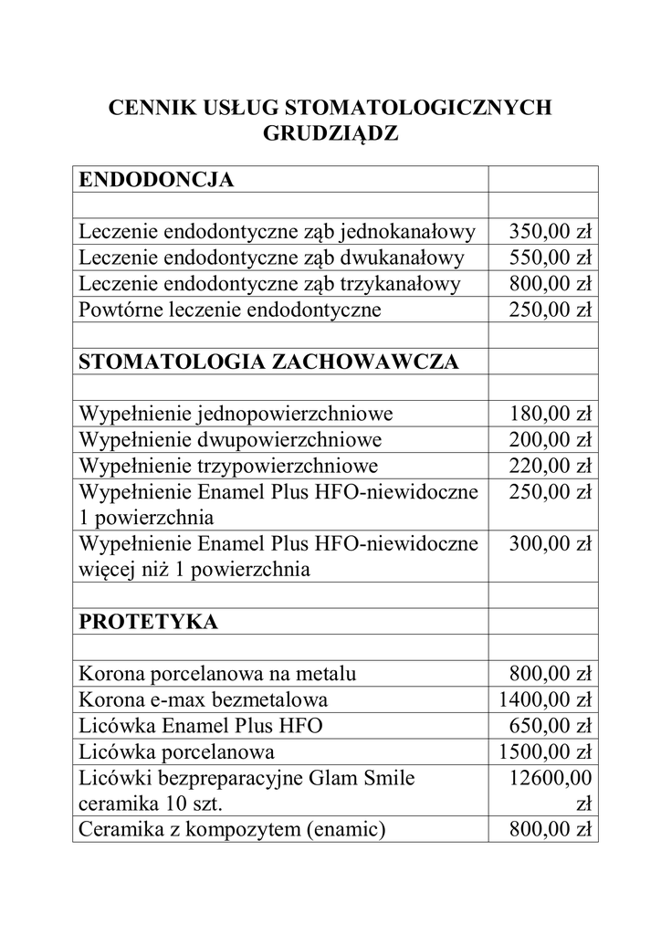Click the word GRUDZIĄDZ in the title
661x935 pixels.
(330, 133)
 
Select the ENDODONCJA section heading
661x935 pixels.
(156, 180)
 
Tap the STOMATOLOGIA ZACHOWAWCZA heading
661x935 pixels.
(268, 362)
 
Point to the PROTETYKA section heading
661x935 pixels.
(149, 622)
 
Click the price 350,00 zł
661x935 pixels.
(551, 230)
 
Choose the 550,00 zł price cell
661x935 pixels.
(551, 257)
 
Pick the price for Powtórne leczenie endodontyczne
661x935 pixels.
(551, 310)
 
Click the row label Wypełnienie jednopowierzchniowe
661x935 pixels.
(236, 414)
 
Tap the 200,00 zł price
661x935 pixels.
(551, 440)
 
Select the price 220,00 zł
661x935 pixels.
(551, 467)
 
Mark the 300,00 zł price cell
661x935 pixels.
(551, 545)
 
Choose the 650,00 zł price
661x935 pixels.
(551, 726)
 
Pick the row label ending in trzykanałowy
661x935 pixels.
(270, 283)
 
